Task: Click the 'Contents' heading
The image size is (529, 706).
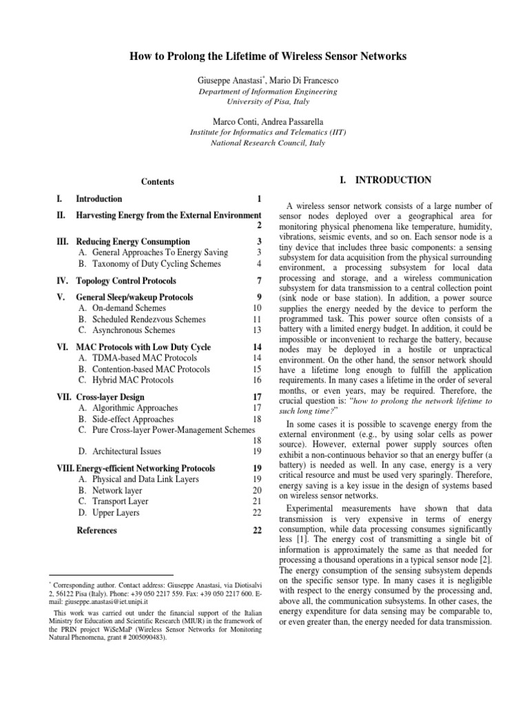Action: [158, 182]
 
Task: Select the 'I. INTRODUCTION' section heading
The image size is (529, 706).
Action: [386, 181]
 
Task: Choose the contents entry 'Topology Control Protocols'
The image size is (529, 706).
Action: [126, 281]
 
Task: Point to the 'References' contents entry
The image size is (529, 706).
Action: [96, 530]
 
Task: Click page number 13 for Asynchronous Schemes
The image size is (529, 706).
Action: [257, 330]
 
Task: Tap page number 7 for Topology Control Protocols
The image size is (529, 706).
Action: [259, 281]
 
